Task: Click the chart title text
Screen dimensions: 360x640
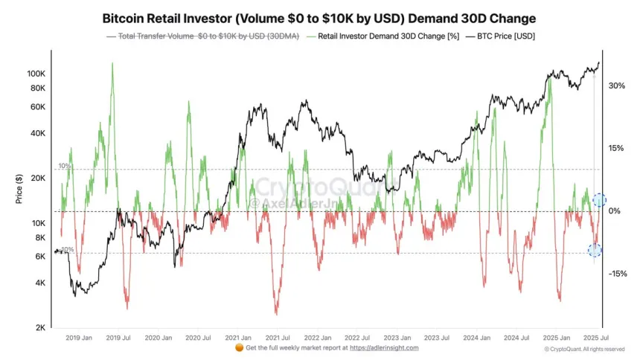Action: [319, 17]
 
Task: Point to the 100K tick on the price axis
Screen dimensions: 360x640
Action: [36, 74]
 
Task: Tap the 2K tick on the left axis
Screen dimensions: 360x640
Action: [41, 328]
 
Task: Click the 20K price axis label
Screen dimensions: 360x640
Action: [39, 179]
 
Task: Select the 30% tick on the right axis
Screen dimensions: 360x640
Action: [616, 86]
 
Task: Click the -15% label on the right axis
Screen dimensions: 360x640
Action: [616, 274]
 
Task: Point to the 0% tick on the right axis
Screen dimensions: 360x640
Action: [615, 211]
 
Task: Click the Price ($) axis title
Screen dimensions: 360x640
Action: [18, 190]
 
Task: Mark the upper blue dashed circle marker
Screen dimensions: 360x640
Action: [600, 200]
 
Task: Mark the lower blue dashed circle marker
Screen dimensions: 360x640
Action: [595, 251]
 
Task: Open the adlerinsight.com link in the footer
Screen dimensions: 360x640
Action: [384, 347]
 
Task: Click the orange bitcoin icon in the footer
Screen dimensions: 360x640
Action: [239, 347]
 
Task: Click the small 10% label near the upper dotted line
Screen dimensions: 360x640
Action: [65, 166]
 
